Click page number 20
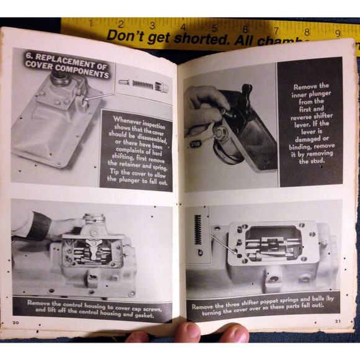click(x=15, y=323)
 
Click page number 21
click(x=338, y=321)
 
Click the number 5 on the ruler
click(x=214, y=27)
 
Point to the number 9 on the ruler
click(x=337, y=34)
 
